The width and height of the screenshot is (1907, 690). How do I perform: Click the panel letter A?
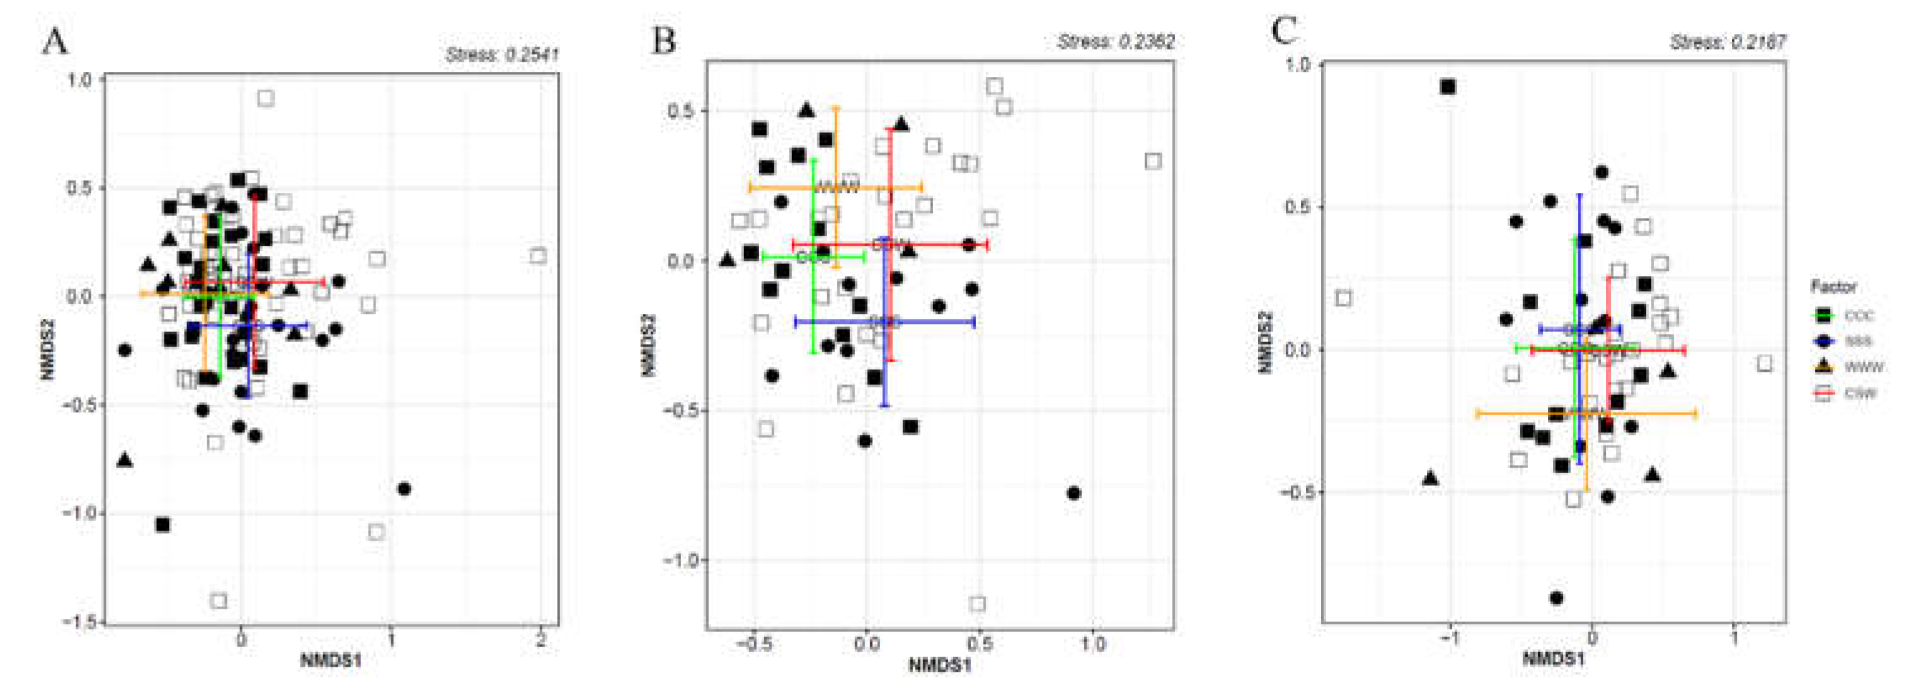tap(54, 42)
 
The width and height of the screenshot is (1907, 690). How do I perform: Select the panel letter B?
tap(663, 40)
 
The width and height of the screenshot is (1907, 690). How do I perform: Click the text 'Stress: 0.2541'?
tap(502, 55)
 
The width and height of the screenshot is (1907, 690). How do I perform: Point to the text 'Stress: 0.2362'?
tap(1116, 42)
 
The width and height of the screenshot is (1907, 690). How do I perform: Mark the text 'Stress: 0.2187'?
tap(1728, 43)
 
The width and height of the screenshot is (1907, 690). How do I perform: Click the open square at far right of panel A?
tap(538, 255)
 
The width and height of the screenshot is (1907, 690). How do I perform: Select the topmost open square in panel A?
tap(266, 98)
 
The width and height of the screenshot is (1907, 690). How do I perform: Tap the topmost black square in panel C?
tap(1448, 86)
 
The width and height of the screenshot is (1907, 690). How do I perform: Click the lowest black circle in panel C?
tap(1556, 597)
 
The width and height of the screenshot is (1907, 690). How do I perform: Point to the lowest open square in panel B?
tap(977, 604)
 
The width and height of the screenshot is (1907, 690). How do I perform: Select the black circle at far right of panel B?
tap(1074, 493)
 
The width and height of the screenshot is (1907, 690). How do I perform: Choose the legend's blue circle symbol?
tap(1824, 340)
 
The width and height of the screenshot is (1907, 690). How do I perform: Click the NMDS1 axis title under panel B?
tap(939, 665)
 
